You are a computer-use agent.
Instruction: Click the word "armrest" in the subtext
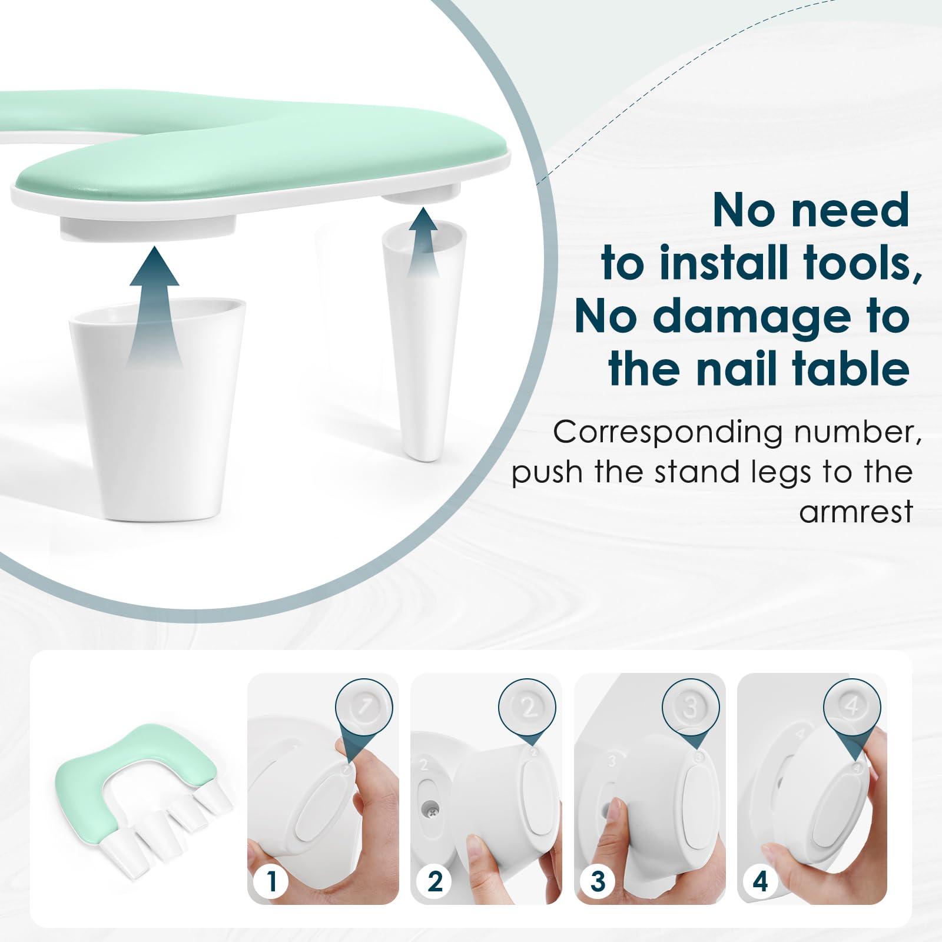pyautogui.click(x=855, y=511)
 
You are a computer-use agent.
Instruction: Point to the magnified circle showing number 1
pyautogui.click(x=364, y=706)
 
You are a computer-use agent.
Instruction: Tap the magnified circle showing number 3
pyautogui.click(x=691, y=706)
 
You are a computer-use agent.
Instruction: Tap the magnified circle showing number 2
pyautogui.click(x=528, y=706)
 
